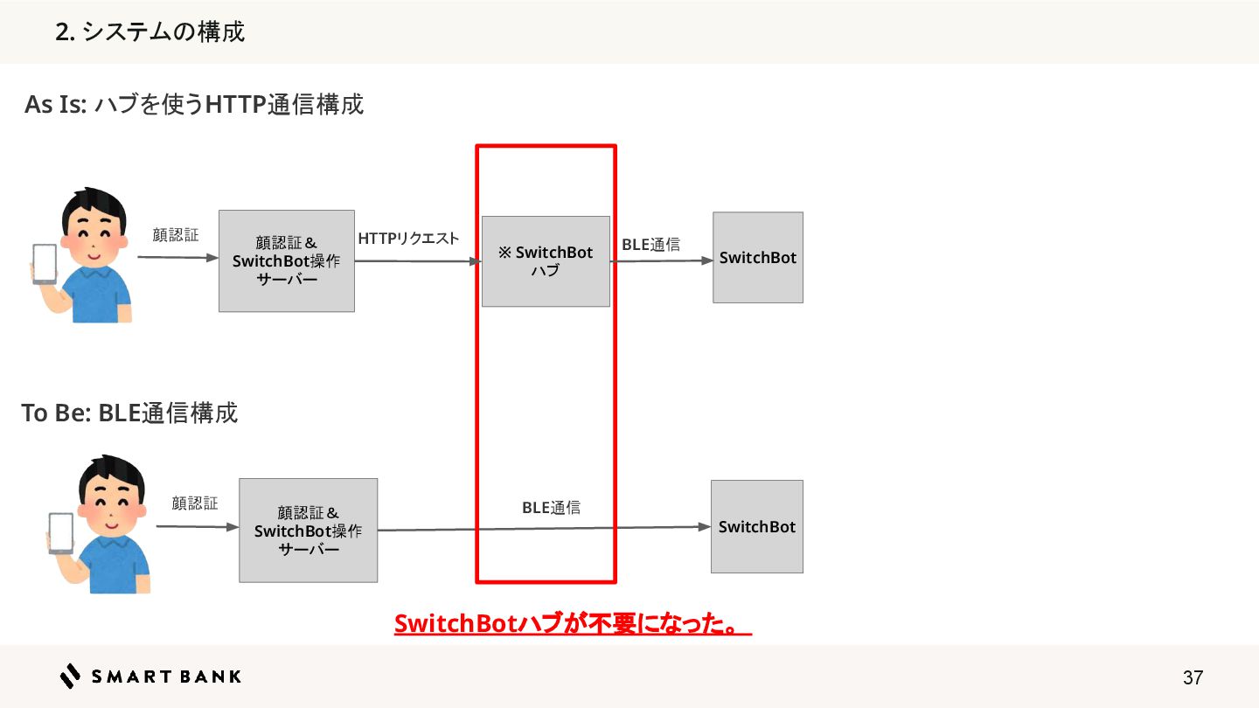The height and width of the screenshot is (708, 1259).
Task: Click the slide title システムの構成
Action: point(150,32)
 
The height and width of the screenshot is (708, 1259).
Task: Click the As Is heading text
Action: point(193,105)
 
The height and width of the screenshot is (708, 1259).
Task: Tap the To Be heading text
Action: point(129,413)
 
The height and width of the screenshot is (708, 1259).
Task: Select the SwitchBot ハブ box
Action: point(546,261)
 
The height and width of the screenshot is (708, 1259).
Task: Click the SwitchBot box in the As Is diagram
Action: point(757,258)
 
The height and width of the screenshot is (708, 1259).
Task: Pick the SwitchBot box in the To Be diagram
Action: point(756,527)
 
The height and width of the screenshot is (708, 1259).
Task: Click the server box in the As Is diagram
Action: point(286,261)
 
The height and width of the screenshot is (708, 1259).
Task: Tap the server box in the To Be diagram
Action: point(308,531)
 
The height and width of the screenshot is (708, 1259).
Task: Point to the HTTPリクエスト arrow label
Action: point(408,239)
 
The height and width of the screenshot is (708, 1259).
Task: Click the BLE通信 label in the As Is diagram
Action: point(650,245)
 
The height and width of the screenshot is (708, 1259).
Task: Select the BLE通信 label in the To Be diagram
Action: point(551,507)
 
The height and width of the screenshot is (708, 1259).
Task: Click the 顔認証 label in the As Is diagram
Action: point(175,235)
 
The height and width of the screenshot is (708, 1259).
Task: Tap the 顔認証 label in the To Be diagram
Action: point(194,503)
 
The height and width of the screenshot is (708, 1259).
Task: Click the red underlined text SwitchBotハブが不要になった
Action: point(573,624)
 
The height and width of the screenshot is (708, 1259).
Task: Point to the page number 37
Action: point(1193,677)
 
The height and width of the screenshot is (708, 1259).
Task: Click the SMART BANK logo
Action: point(150,676)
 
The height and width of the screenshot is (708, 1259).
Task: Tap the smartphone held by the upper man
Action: point(44,263)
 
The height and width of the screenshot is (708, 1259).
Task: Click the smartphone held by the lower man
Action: point(60,532)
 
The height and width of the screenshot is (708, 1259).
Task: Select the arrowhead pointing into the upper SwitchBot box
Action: point(708,260)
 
